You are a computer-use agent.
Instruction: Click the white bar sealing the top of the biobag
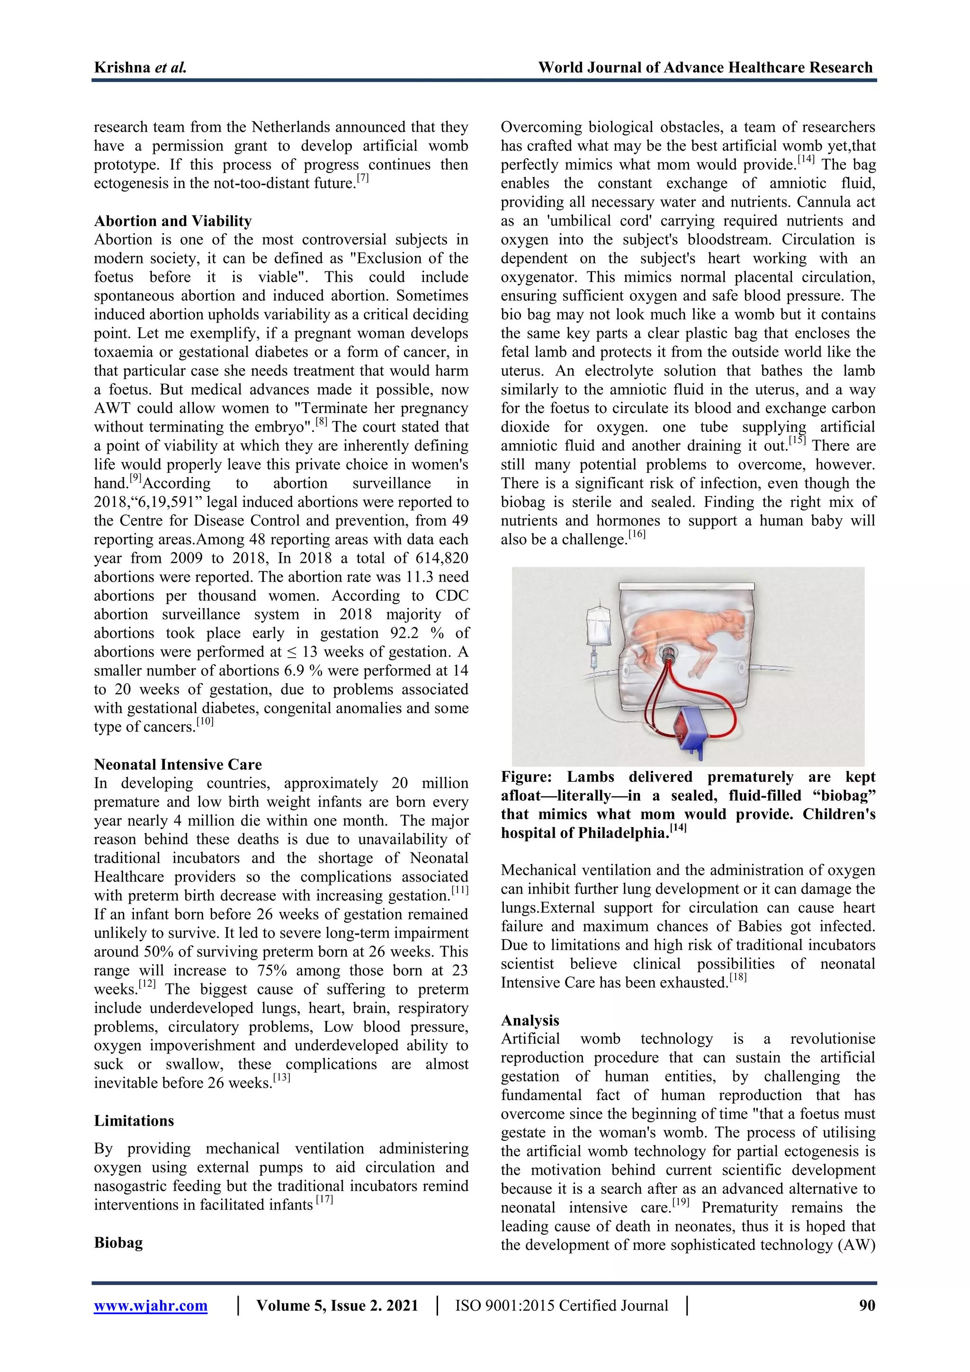click(687, 587)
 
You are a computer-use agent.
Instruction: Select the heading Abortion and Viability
click(172, 221)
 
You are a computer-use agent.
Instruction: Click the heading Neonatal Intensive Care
click(178, 765)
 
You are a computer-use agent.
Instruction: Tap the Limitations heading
click(134, 1121)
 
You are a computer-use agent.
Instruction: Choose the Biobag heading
click(118, 1243)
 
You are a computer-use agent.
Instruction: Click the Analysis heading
click(530, 1020)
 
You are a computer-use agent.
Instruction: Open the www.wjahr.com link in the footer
click(151, 1306)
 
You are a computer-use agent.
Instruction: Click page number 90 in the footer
click(867, 1306)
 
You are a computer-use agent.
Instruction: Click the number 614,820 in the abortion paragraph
click(439, 559)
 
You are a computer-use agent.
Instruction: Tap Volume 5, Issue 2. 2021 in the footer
click(337, 1306)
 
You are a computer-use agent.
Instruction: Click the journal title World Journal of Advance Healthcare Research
click(705, 68)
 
